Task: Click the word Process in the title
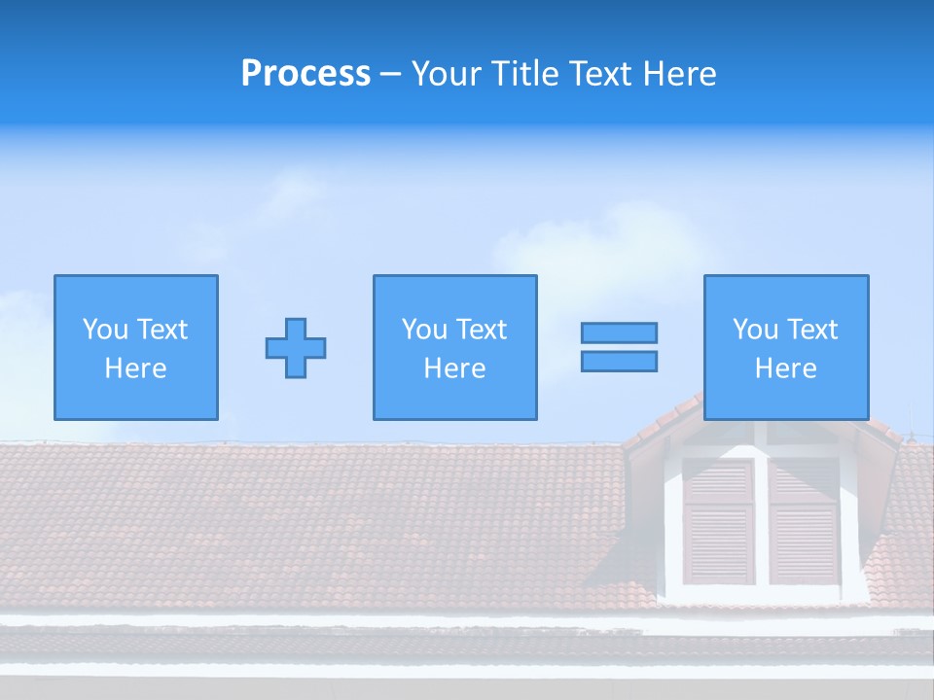click(305, 74)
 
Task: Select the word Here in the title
click(679, 74)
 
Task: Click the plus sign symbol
click(296, 348)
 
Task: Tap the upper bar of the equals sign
click(619, 332)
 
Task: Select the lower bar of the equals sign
click(619, 361)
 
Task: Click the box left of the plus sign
click(136, 347)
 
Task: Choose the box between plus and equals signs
click(454, 347)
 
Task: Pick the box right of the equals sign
click(786, 347)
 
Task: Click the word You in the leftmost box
click(105, 330)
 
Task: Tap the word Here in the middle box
click(454, 368)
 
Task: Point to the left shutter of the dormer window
click(718, 520)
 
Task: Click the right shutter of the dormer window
click(804, 520)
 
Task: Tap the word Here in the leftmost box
click(136, 368)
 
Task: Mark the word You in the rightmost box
click(755, 330)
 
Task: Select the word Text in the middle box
click(483, 330)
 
